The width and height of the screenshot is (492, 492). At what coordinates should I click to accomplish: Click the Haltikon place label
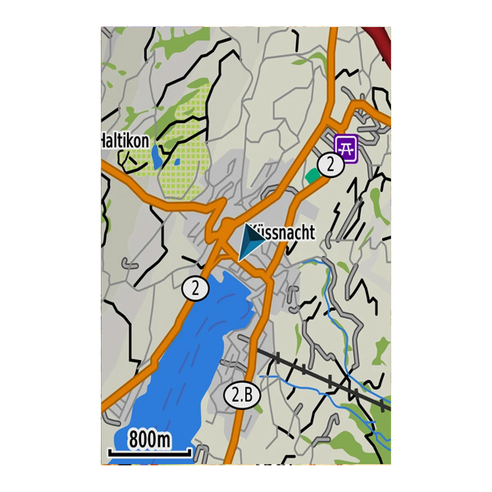tap(125, 141)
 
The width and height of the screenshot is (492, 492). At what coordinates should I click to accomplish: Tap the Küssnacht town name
tap(281, 232)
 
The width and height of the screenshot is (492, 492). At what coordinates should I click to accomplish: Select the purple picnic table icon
tap(347, 148)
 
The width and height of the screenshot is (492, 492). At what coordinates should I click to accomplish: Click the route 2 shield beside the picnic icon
tap(330, 165)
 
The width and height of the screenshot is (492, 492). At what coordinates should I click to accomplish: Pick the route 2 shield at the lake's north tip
tap(195, 289)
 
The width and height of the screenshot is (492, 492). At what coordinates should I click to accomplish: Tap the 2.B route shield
tap(242, 396)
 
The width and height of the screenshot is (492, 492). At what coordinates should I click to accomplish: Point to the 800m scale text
tap(149, 440)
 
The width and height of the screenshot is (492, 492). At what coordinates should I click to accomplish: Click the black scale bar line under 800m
tap(149, 452)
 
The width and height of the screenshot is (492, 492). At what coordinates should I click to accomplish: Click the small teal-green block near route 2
tap(312, 175)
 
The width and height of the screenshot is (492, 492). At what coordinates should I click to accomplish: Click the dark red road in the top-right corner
tap(379, 38)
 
